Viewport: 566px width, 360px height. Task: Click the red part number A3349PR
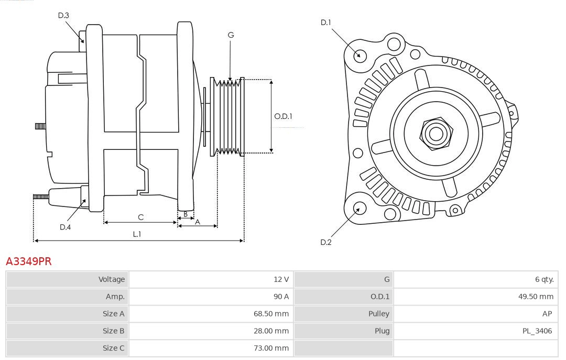click(28, 261)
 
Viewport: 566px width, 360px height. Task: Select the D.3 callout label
click(63, 16)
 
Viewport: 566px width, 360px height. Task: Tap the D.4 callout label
click(65, 227)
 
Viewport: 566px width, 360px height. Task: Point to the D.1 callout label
click(326, 23)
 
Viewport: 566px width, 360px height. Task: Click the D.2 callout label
click(326, 242)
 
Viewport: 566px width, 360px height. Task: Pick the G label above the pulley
click(231, 35)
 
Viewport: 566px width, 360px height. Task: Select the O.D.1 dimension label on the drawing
click(283, 116)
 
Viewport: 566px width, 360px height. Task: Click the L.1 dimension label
click(136, 234)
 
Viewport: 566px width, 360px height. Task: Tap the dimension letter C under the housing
click(140, 217)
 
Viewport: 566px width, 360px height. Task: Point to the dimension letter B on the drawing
click(186, 214)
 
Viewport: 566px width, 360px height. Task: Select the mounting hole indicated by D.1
click(360, 55)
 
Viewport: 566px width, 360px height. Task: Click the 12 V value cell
click(281, 279)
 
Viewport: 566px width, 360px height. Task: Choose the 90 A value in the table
click(281, 297)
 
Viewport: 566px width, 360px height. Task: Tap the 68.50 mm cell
click(271, 313)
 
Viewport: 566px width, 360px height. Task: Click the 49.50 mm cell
click(536, 297)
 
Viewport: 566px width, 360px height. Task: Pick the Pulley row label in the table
click(379, 313)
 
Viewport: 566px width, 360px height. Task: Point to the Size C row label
click(114, 348)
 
